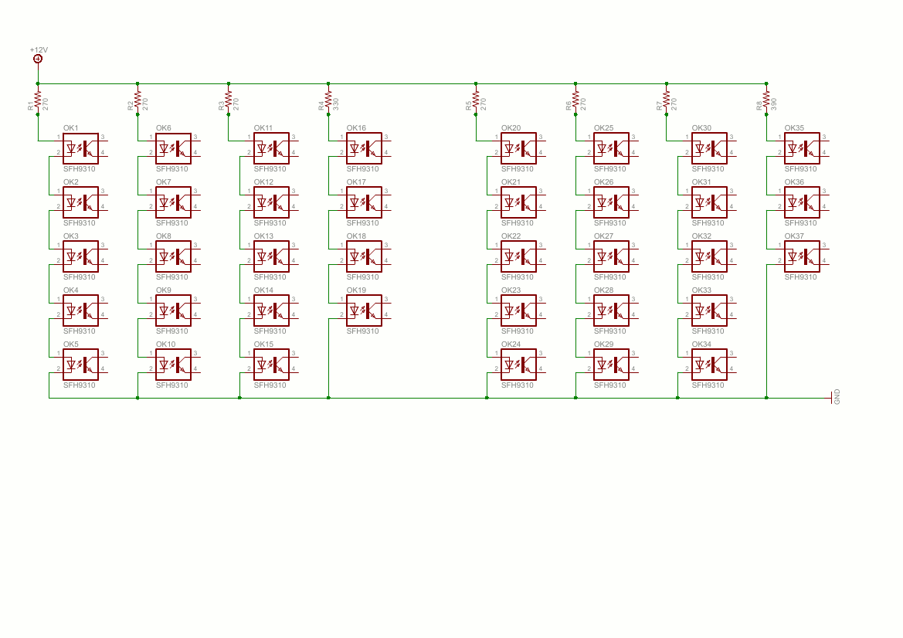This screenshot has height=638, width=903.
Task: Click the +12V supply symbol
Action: [38, 58]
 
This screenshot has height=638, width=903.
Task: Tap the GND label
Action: [837, 398]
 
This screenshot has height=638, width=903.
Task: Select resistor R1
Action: [38, 100]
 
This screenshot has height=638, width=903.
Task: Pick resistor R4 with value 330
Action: [328, 100]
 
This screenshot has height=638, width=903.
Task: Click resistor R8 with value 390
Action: [766, 100]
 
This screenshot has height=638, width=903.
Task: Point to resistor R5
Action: [476, 100]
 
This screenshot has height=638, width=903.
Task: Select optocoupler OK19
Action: [364, 310]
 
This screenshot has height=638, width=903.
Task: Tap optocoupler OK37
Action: [802, 256]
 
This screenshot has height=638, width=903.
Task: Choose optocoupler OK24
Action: [518, 364]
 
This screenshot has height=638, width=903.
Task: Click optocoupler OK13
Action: [271, 256]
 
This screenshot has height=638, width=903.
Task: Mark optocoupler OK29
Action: [611, 364]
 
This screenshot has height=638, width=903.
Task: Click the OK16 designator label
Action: [356, 128]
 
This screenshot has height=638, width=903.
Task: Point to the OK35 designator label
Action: [794, 128]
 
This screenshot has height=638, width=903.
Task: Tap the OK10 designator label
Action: [165, 344]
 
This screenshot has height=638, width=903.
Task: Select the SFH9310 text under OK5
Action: [80, 385]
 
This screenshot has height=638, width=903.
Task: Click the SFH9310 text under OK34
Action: [708, 385]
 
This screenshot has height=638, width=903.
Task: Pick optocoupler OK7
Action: [173, 202]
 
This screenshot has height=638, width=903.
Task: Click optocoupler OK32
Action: [709, 256]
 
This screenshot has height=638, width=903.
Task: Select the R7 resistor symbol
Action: [666, 100]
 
